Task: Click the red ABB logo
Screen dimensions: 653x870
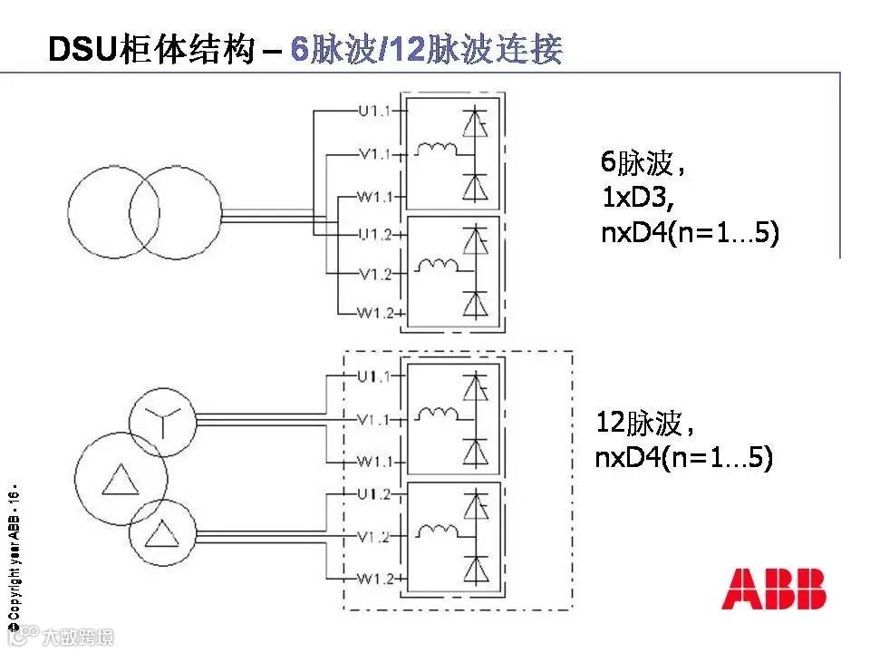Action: (x=774, y=589)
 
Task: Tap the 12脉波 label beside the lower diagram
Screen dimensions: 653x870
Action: (x=645, y=424)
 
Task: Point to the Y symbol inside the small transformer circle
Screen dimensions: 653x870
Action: (x=162, y=420)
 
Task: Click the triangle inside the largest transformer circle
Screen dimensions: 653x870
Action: (x=120, y=477)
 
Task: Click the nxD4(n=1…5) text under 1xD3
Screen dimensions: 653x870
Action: (x=690, y=234)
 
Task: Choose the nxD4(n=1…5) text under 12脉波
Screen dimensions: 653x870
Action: (x=683, y=459)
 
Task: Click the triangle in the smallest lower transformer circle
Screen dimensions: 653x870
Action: (x=162, y=533)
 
